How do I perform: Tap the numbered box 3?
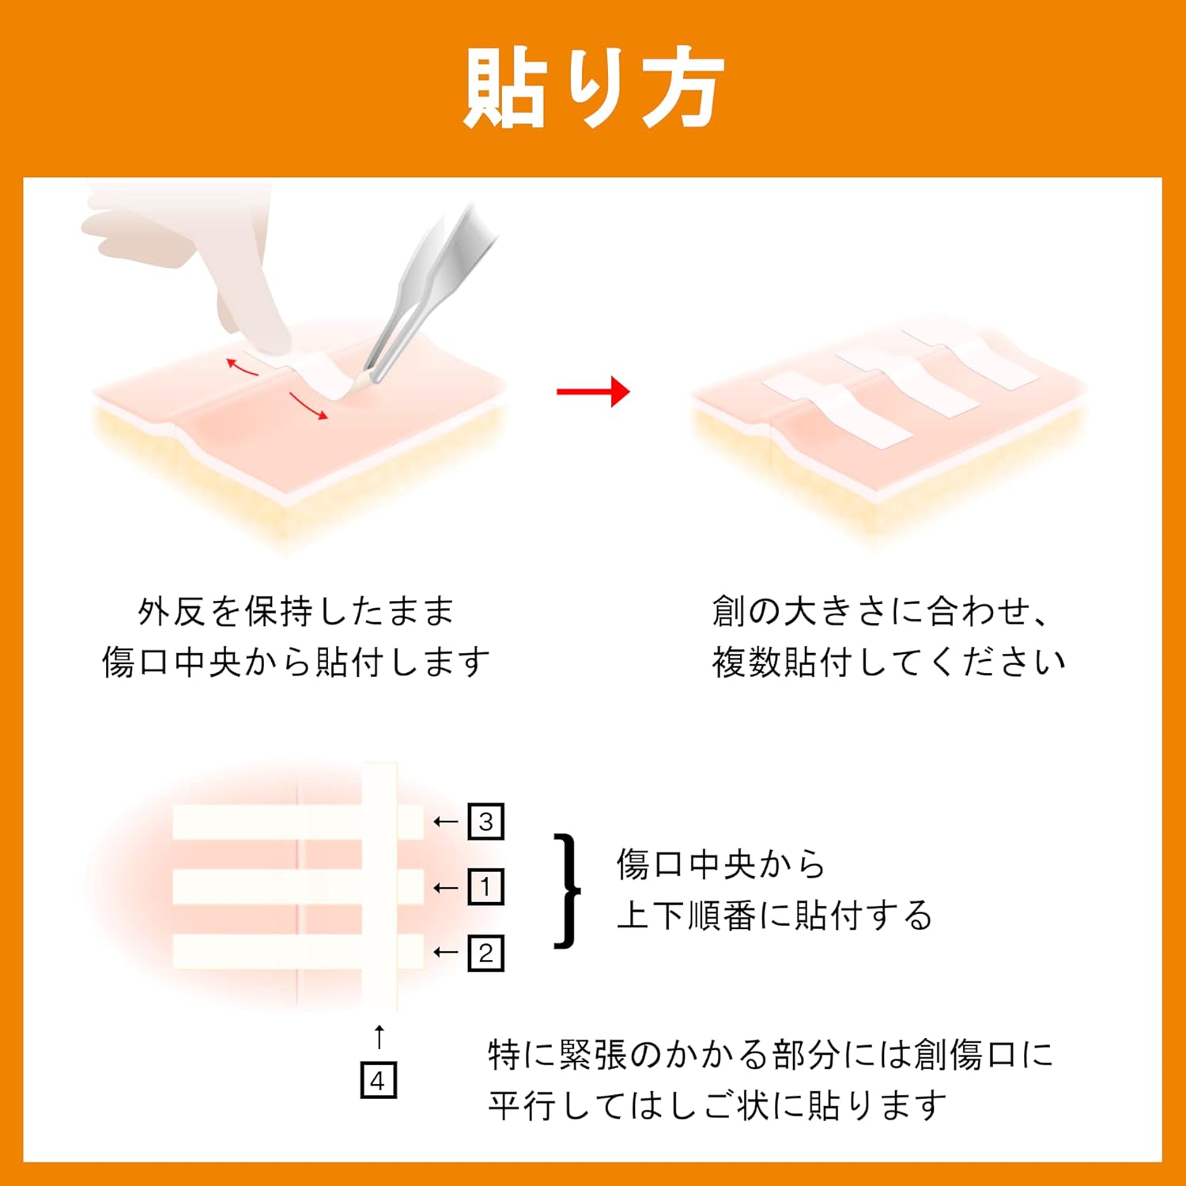tap(485, 822)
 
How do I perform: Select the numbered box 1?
tap(485, 887)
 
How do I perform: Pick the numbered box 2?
tap(485, 953)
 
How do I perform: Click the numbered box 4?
tap(378, 1081)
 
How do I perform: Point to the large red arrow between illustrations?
tap(593, 391)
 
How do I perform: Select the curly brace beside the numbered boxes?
tap(568, 889)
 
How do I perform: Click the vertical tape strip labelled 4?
tap(380, 886)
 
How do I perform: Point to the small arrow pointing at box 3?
tap(446, 822)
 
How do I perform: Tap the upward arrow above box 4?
tap(379, 1037)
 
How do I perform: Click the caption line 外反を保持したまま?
tap(296, 611)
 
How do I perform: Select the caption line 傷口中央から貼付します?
tap(296, 662)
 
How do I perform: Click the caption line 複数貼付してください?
tap(889, 662)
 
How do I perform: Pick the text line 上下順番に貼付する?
tap(775, 915)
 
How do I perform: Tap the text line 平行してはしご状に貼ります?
tap(717, 1105)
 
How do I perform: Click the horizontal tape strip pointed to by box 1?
tap(298, 887)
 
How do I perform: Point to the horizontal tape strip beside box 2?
tap(298, 951)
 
